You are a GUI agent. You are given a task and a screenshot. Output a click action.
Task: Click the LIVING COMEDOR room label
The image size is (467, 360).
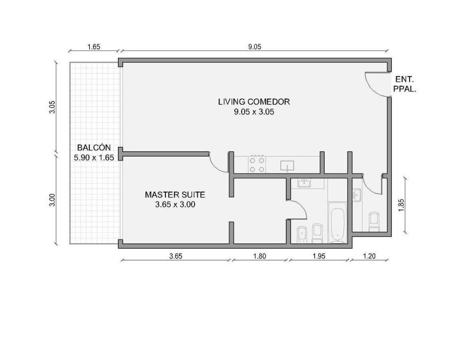(254, 102)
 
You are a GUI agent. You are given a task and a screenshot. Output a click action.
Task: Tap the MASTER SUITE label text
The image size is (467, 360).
(175, 195)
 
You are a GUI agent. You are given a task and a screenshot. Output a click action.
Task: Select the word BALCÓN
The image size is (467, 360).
(94, 148)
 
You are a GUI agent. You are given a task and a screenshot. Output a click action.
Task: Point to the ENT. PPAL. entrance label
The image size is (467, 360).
(405, 84)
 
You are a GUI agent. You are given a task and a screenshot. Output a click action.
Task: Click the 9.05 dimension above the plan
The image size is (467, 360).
(255, 47)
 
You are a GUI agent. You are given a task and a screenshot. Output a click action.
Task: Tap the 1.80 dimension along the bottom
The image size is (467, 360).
(259, 256)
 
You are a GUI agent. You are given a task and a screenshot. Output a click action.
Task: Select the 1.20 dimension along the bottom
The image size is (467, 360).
(369, 256)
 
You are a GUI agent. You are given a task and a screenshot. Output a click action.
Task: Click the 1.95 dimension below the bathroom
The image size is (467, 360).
(319, 256)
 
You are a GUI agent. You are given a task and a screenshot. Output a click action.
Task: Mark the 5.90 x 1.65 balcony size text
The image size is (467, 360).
(94, 158)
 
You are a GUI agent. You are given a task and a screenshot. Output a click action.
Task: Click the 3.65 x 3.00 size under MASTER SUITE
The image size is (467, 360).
(175, 205)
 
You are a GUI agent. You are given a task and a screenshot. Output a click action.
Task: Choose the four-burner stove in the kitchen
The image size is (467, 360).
(257, 164)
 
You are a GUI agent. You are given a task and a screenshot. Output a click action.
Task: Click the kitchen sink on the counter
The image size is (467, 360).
(287, 166)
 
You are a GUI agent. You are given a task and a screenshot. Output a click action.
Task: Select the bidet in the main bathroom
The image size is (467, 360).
(303, 235)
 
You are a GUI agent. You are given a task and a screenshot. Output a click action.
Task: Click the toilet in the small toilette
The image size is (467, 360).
(374, 222)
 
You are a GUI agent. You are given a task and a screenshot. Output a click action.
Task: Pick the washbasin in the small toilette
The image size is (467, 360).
(357, 195)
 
